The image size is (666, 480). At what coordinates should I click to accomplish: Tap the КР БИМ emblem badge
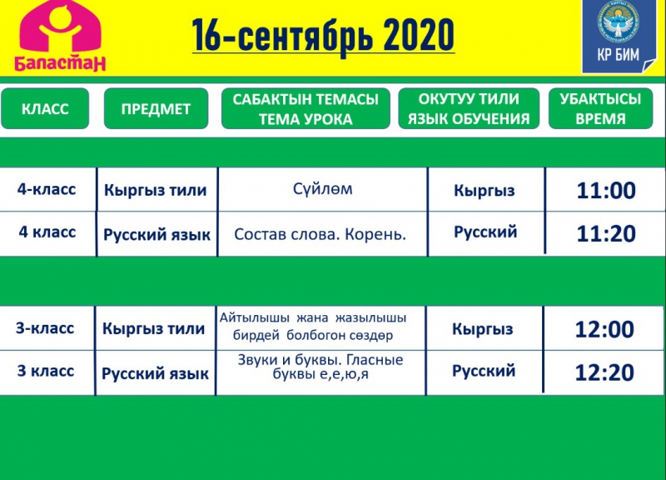click(x=619, y=36)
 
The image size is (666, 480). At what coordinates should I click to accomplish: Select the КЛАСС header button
click(x=45, y=108)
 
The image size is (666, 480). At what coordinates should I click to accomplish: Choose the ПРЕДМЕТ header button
click(x=156, y=108)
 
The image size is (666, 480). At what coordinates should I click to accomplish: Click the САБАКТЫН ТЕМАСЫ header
click(x=306, y=108)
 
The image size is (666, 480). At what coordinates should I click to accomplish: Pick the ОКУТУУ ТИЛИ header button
click(x=469, y=108)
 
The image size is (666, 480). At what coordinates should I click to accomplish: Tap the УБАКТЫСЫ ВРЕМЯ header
click(x=600, y=108)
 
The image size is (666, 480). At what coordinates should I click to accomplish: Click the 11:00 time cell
click(x=606, y=190)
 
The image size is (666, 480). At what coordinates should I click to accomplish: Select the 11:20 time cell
click(x=606, y=233)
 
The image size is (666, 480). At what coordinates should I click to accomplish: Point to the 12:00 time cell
click(x=604, y=329)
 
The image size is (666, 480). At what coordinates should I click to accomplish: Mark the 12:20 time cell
click(x=604, y=372)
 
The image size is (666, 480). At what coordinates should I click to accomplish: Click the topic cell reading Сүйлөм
click(x=323, y=188)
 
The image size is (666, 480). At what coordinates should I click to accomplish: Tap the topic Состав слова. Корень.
click(x=321, y=234)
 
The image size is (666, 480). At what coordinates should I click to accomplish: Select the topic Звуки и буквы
click(x=321, y=367)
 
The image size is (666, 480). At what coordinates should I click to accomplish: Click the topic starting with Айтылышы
click(x=313, y=327)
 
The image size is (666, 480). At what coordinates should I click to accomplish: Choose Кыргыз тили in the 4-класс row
click(x=156, y=190)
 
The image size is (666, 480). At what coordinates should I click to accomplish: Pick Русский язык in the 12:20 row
click(x=155, y=373)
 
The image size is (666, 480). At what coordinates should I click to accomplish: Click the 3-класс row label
click(x=45, y=328)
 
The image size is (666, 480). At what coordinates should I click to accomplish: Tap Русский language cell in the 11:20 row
click(x=485, y=232)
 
